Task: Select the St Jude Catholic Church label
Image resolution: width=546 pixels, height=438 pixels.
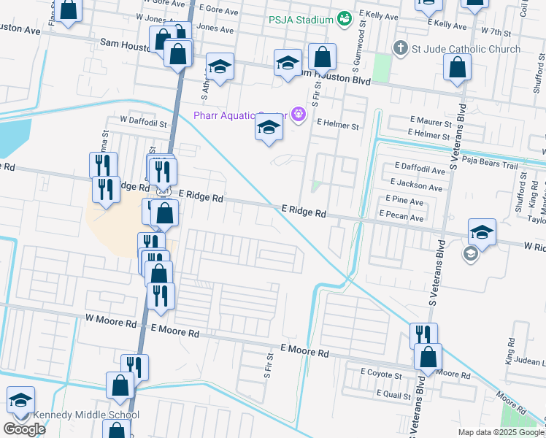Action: pos(466,49)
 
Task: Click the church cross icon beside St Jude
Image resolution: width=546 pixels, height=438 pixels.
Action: pos(399,49)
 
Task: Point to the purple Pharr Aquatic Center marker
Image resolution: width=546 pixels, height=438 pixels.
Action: pos(297,115)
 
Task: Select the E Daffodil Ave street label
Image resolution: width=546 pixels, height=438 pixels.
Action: pos(419,170)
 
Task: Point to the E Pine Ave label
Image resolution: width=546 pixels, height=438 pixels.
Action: pos(401,201)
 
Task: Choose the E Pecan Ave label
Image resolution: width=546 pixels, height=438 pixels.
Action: pos(401,218)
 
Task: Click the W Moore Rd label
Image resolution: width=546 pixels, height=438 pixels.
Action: pos(111,320)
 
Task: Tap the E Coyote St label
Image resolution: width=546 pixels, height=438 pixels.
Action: pos(381,372)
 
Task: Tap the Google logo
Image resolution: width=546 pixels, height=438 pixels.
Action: pos(24,429)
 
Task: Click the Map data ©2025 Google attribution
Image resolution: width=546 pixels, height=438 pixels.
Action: pos(500,432)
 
